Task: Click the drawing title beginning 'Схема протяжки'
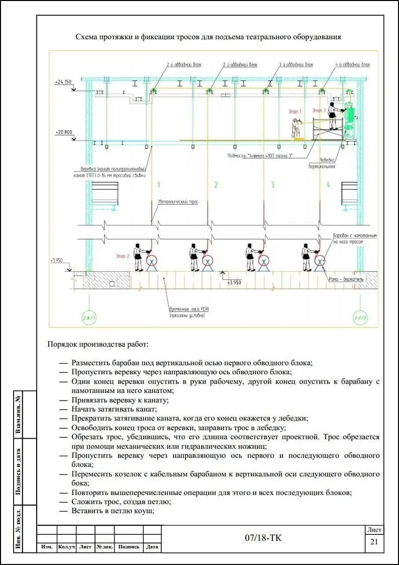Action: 208,37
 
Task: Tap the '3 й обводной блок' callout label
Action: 296,65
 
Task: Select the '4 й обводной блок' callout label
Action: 353,65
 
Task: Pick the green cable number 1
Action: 159,185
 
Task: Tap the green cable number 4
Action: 329,185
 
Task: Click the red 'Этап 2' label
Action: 123,256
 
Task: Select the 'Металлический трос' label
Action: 178,202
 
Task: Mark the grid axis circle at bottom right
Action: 359,317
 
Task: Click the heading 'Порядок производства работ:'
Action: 98,345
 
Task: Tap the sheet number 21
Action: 374,542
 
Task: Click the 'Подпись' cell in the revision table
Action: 129,547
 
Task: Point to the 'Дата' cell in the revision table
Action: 152,547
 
